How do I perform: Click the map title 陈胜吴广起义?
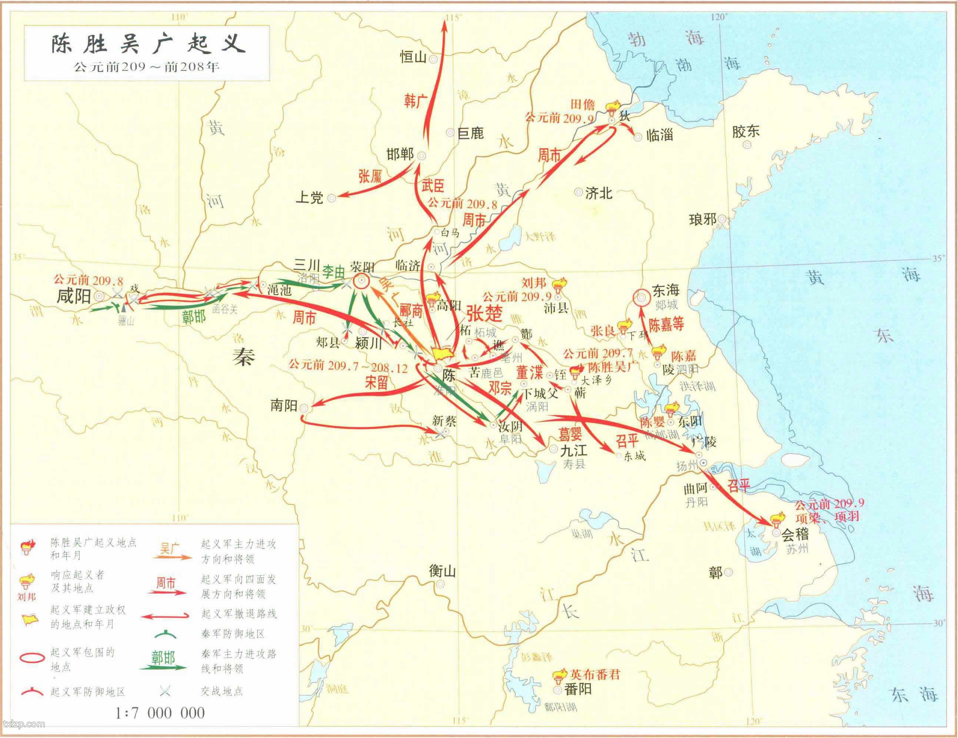(x=147, y=44)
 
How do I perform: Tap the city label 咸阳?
(x=74, y=297)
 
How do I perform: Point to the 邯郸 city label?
(x=400, y=154)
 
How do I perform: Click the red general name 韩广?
(x=415, y=102)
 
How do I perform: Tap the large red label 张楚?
(x=484, y=314)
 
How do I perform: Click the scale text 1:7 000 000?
(x=160, y=713)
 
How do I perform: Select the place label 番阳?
(x=578, y=689)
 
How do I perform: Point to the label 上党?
(x=310, y=197)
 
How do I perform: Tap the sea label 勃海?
(x=667, y=39)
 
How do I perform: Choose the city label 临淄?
(x=659, y=135)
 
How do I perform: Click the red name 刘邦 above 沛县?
(x=534, y=283)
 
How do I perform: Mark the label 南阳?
(x=284, y=405)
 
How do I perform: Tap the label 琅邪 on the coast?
(x=703, y=219)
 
